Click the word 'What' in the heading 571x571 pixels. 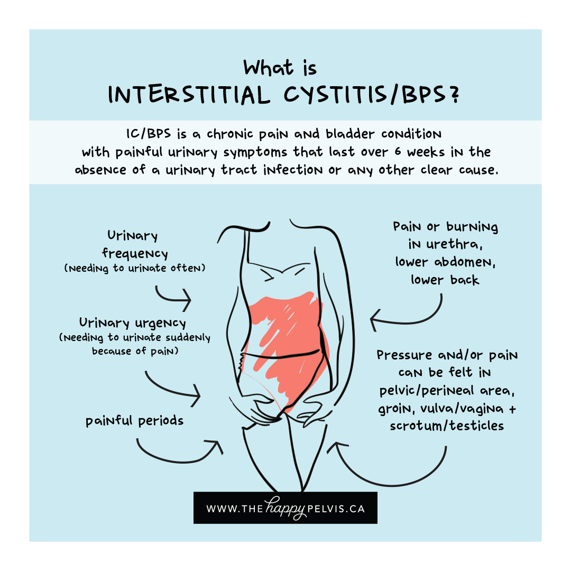click(x=268, y=68)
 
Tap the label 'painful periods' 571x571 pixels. click(x=135, y=421)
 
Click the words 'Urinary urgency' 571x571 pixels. click(x=133, y=323)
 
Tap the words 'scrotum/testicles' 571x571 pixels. click(x=446, y=426)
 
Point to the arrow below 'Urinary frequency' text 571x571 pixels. click(x=173, y=297)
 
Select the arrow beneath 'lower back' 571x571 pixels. click(x=407, y=316)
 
